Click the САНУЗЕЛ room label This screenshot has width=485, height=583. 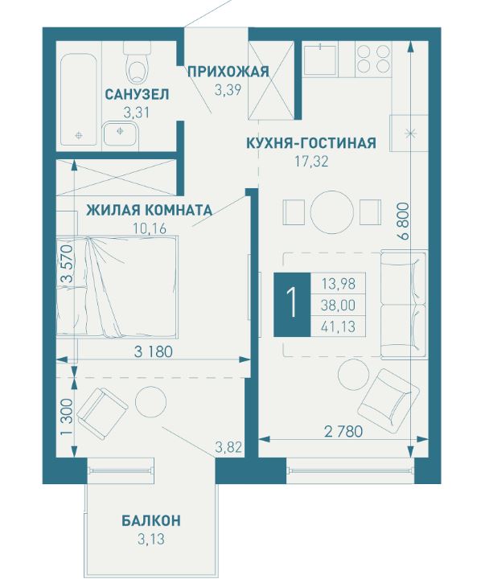[x=136, y=94]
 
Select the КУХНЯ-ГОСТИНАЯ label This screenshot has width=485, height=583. [x=311, y=144]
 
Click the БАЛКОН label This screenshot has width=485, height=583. [x=151, y=520]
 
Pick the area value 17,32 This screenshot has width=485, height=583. [x=312, y=162]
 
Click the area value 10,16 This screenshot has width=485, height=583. [x=150, y=227]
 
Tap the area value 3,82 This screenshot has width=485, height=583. [x=228, y=447]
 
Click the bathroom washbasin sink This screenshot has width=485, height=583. [x=121, y=132]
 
